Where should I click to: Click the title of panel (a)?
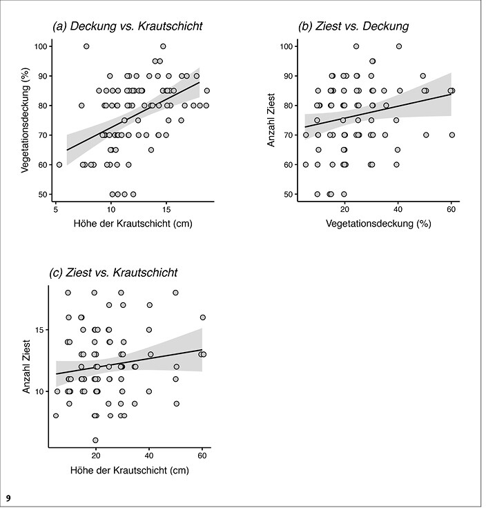pyautogui.click(x=128, y=26)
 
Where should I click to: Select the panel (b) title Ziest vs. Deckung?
pyautogui.click(x=353, y=26)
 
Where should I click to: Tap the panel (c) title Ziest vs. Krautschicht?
pyautogui.click(x=113, y=273)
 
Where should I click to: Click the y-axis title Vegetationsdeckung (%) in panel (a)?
pyautogui.click(x=26, y=120)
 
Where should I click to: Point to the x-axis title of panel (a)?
pyautogui.click(x=133, y=224)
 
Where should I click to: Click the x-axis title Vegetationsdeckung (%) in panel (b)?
pyautogui.click(x=378, y=224)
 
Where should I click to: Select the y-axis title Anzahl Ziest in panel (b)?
pyautogui.click(x=271, y=120)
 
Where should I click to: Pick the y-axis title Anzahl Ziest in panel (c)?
pyautogui.click(x=26, y=367)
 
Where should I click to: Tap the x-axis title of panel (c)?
pyautogui.click(x=130, y=470)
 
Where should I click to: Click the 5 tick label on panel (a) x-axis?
pyautogui.click(x=56, y=209)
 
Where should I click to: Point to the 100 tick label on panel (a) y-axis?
pyautogui.click(x=41, y=46)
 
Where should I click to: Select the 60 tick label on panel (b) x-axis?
pyautogui.click(x=451, y=209)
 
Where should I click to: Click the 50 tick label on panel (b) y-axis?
pyautogui.click(x=289, y=195)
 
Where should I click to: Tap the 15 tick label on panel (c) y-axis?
pyautogui.click(x=39, y=330)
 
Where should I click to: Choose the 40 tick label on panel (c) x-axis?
pyautogui.click(x=149, y=456)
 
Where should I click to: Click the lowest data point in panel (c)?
pyautogui.click(x=95, y=440)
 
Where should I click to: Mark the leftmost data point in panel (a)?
pyautogui.click(x=59, y=164)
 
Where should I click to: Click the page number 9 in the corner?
pyautogui.click(x=8, y=498)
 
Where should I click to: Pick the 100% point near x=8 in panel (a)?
pyautogui.click(x=86, y=46)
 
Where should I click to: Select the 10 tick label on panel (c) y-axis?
pyautogui.click(x=39, y=391)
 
